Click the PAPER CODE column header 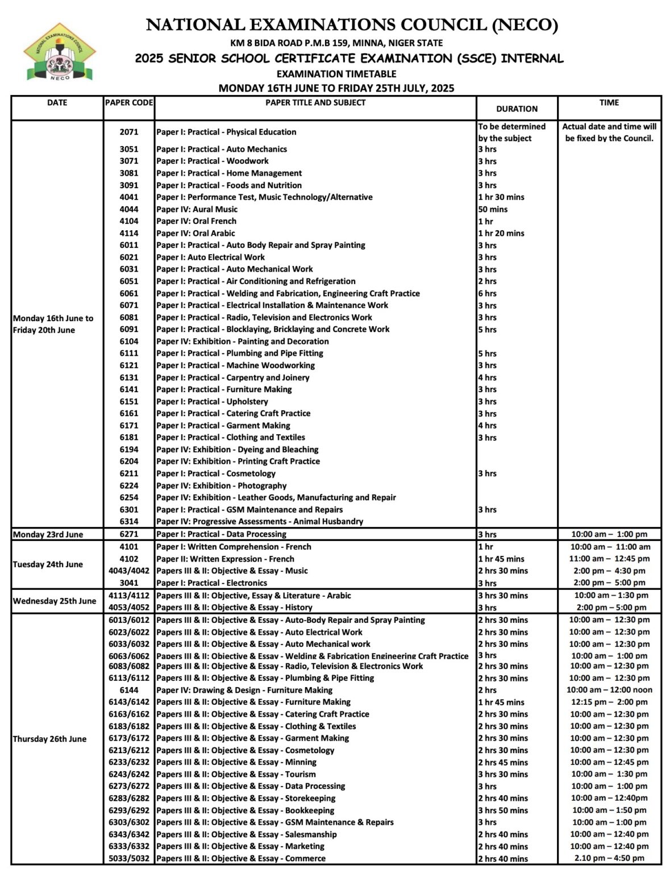point(129,103)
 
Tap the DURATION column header point(517,109)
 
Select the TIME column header point(609,103)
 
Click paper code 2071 point(129,132)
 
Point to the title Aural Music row point(197,209)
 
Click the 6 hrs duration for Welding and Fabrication point(487,293)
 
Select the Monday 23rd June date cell point(48,534)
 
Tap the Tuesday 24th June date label point(48,564)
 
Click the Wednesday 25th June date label point(55,601)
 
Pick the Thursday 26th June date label point(50,739)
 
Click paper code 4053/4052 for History point(129,608)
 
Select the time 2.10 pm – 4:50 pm point(609,858)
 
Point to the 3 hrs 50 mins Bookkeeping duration point(503,810)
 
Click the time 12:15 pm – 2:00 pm point(609,702)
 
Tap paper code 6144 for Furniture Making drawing point(129,690)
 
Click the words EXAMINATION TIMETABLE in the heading point(336,74)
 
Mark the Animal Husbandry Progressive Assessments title point(260,521)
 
